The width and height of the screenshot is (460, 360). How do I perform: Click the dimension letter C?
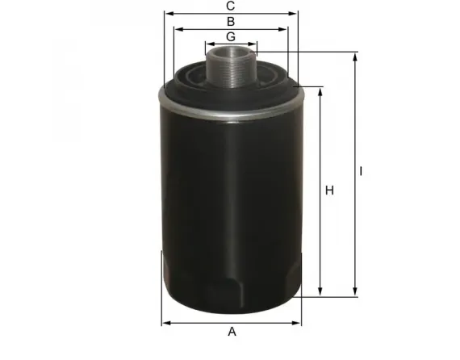point(231,6)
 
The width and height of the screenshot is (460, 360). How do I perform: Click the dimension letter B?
point(231,21)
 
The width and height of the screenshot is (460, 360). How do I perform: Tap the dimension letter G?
point(231,37)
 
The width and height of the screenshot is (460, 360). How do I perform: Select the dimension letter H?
point(329,190)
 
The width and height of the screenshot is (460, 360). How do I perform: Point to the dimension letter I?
point(362,171)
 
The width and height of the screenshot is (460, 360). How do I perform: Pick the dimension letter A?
point(232,332)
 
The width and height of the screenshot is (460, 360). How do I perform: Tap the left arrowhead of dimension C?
point(166,14)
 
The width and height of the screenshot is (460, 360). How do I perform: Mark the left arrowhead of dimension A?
point(165,323)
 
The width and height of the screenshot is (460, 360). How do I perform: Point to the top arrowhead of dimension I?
point(354,57)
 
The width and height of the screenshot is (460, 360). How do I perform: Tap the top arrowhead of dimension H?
point(321,90)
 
